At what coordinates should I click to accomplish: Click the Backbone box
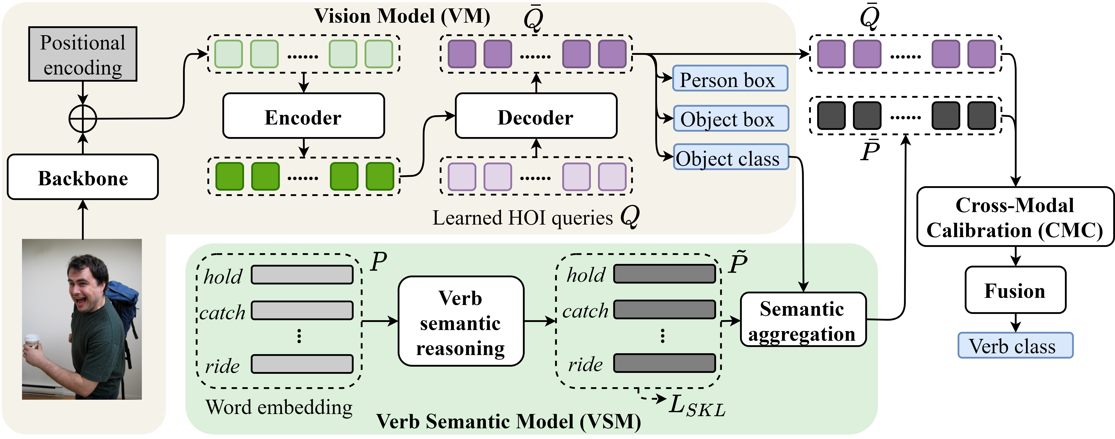pyautogui.click(x=83, y=177)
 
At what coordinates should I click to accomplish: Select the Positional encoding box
pyautogui.click(x=83, y=54)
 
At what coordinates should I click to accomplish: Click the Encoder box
pyautogui.click(x=303, y=116)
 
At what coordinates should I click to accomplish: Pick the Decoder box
pyautogui.click(x=536, y=116)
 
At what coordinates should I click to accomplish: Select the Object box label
pyautogui.click(x=731, y=118)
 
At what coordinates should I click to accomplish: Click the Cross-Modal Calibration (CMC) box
pyautogui.click(x=1015, y=217)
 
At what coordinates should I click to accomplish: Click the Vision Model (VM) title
pyautogui.click(x=402, y=16)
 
